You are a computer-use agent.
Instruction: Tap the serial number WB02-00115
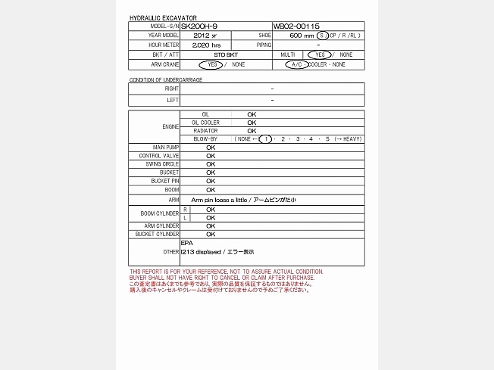pyautogui.click(x=297, y=26)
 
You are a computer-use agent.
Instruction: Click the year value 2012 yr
pyautogui.click(x=205, y=36)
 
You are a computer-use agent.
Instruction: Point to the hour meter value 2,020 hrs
pyautogui.click(x=206, y=45)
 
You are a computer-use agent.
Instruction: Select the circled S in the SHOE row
pyautogui.click(x=323, y=36)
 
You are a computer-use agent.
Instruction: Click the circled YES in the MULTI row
pyautogui.click(x=320, y=55)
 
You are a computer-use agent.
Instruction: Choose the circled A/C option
pyautogui.click(x=296, y=65)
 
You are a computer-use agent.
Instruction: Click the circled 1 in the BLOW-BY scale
pyautogui.click(x=265, y=139)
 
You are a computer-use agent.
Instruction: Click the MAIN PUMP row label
pyautogui.click(x=165, y=147)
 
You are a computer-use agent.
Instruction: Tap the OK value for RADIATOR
pyautogui.click(x=252, y=131)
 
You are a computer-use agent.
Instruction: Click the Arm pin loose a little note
pyautogui.click(x=244, y=200)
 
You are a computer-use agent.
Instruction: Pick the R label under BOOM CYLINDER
pyautogui.click(x=186, y=209)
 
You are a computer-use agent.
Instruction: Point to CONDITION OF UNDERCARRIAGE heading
pyautogui.click(x=166, y=79)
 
